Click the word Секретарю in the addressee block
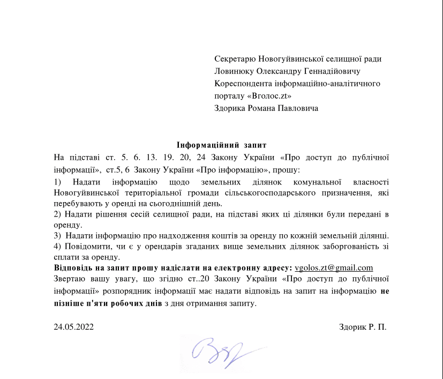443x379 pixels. (235, 59)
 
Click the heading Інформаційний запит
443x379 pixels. (221, 145)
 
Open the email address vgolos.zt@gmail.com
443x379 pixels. (334, 268)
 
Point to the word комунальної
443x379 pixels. (318, 183)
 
